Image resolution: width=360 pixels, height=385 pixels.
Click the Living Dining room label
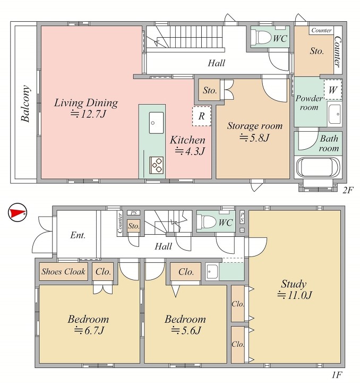(86, 108)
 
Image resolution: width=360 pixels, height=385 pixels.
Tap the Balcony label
(25, 104)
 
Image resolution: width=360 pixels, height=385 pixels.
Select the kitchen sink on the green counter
(156, 123)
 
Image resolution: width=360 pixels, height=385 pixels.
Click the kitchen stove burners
(157, 165)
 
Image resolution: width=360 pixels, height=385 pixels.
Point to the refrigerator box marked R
(201, 116)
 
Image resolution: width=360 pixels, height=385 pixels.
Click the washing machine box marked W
(333, 90)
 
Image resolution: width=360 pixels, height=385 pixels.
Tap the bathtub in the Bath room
(318, 167)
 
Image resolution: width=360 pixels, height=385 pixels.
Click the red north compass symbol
(17, 212)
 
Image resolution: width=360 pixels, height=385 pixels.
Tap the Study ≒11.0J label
(294, 289)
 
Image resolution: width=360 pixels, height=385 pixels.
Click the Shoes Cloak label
(63, 271)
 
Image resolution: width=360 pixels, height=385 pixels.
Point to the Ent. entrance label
(78, 235)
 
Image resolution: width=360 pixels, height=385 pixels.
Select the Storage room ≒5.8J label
(255, 132)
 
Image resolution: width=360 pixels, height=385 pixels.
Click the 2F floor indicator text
(348, 190)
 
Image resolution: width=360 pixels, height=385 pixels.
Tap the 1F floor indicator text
(337, 375)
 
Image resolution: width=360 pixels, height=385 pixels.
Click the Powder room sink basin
(335, 114)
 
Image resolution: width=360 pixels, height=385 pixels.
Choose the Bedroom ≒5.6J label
(185, 324)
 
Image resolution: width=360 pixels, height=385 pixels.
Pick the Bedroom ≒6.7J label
(88, 324)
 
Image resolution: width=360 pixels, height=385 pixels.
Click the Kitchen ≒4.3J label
(188, 146)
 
